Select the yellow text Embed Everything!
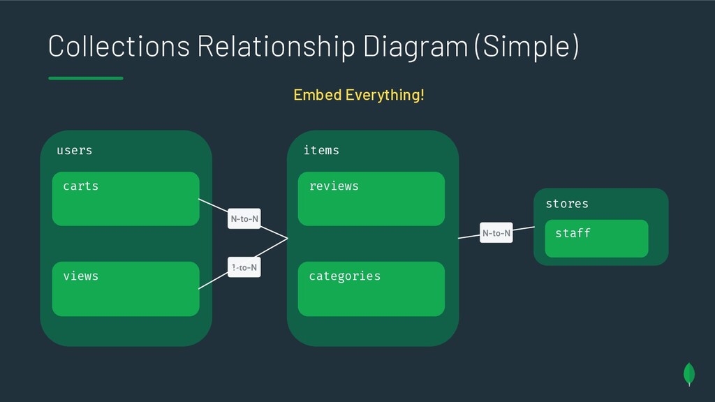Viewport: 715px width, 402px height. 358,94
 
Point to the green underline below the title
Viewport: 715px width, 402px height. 86,78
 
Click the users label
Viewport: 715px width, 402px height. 74,150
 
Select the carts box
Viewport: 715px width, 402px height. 126,199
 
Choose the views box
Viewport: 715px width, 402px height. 126,288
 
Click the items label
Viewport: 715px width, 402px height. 321,150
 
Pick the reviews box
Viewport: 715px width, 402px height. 371,199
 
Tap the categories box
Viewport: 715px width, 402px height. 371,288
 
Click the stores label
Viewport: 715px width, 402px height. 566,204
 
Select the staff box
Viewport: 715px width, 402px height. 596,238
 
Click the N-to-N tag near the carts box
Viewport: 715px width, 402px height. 244,219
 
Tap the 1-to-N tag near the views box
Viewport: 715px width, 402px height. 244,267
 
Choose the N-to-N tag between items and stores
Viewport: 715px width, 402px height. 496,233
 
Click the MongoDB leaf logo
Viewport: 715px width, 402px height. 689,373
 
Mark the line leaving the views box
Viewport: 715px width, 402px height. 213,281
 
